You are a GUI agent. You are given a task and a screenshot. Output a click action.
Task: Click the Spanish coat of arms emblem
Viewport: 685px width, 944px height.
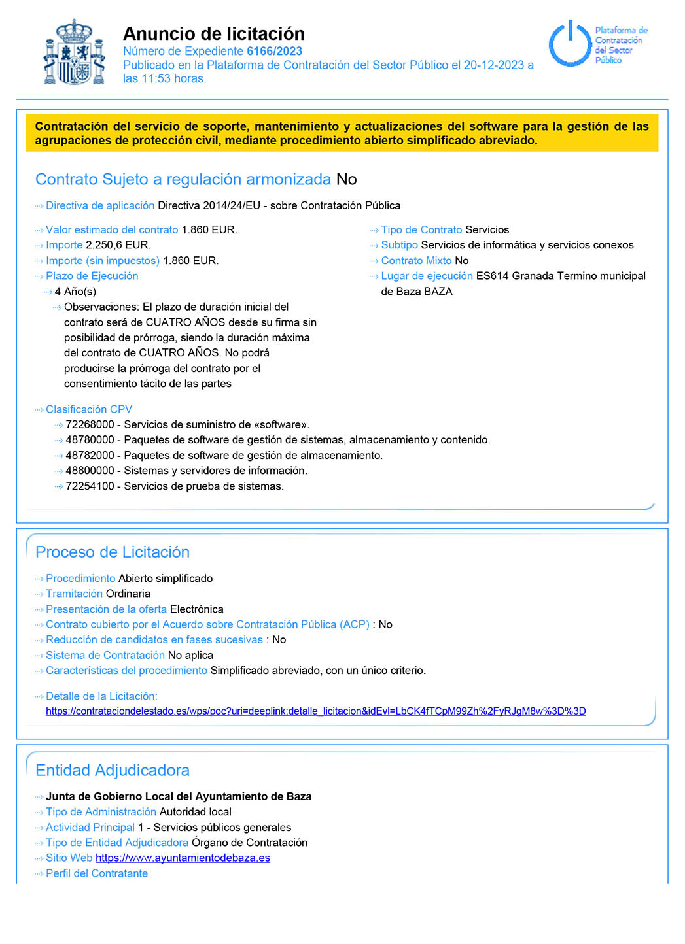click(x=75, y=54)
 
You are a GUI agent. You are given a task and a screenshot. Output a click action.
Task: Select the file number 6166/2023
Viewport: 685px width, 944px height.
click(x=274, y=51)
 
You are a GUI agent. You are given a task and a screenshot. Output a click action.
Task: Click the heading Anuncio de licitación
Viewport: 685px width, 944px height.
click(x=213, y=33)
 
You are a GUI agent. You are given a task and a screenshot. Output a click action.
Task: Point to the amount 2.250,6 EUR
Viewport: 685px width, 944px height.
click(x=118, y=245)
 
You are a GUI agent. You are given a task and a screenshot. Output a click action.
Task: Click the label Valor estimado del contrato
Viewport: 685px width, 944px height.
click(x=112, y=229)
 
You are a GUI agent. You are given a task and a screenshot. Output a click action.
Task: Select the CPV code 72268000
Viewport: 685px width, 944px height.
click(x=90, y=424)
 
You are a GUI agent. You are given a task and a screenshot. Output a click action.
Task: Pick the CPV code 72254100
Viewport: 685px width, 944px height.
click(x=90, y=486)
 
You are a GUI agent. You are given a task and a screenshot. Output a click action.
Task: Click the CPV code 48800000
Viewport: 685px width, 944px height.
click(x=90, y=471)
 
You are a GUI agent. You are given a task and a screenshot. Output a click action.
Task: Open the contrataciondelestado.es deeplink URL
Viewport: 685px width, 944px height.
click(x=315, y=711)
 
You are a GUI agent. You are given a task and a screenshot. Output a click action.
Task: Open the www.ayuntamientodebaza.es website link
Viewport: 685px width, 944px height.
click(x=183, y=858)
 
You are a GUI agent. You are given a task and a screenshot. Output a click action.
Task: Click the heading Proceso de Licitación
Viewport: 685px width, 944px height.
click(x=113, y=552)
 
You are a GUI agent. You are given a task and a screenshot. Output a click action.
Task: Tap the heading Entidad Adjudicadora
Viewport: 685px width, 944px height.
click(x=113, y=770)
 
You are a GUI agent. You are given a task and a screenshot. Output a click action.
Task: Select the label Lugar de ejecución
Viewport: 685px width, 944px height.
click(x=427, y=276)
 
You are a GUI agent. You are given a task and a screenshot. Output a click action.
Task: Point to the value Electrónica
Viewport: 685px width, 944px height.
click(x=196, y=609)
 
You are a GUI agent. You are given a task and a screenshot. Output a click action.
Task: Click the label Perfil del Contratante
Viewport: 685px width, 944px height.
click(x=97, y=873)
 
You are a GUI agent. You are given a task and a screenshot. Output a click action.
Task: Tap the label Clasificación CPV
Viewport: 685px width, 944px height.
click(x=89, y=409)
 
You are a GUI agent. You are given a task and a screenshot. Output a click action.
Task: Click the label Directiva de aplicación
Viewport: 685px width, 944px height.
click(x=100, y=205)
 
